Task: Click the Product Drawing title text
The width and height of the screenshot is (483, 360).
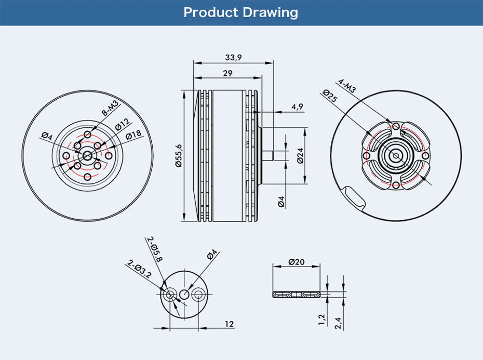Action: point(241,12)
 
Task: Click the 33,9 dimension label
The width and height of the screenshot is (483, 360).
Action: point(233,58)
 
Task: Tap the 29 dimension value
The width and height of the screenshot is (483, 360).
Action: point(227,73)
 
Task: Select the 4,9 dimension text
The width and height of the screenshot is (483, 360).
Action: point(297,106)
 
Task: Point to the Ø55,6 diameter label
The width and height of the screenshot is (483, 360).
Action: point(178,155)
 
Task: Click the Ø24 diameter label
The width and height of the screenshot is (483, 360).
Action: point(300,155)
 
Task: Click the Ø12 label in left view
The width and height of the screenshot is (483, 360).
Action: point(122,125)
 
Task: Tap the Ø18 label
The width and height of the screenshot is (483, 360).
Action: point(133,134)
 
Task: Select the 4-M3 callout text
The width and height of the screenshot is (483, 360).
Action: point(347,86)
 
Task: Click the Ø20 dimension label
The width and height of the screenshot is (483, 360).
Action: point(297,262)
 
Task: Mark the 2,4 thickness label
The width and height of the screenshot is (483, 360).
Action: point(339,323)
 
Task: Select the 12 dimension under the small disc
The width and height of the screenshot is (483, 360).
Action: point(229,324)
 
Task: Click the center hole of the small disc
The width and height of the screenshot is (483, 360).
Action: point(184,295)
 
